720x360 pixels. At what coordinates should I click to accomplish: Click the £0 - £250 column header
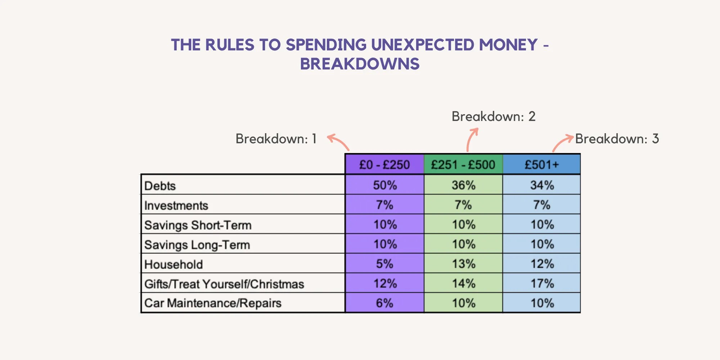click(384, 165)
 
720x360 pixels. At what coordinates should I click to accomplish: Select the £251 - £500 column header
click(463, 165)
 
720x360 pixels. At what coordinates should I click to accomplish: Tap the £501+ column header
click(542, 165)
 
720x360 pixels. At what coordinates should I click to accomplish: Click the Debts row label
click(160, 186)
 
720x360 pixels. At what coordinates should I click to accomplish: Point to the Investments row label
click(176, 206)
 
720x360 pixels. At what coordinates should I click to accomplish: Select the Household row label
click(174, 264)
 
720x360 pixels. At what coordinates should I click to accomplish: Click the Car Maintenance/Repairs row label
click(213, 303)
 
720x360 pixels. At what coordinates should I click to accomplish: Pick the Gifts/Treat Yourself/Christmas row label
click(224, 284)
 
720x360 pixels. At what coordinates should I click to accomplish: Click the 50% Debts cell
click(385, 185)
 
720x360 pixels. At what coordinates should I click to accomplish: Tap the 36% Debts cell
click(464, 185)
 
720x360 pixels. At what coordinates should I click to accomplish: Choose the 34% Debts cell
click(542, 185)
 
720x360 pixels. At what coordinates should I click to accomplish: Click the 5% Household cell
click(385, 264)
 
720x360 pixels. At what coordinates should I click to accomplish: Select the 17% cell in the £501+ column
click(542, 283)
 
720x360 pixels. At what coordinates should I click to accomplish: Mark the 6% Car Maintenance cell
click(385, 303)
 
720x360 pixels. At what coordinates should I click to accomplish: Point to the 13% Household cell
click(464, 264)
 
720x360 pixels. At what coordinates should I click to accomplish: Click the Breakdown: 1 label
click(276, 139)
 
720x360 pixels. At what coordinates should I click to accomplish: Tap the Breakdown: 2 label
click(494, 116)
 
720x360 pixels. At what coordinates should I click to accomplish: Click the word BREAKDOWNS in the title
click(360, 64)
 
